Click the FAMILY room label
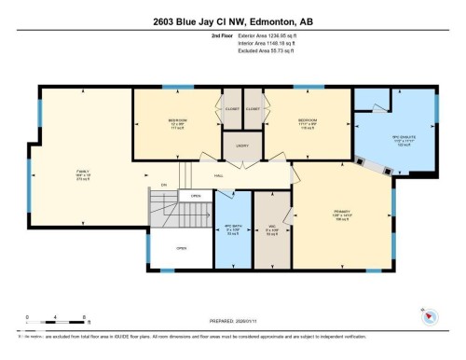pos(83,173)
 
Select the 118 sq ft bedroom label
pos(307,124)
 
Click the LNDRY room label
pos(240,146)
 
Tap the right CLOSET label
pos(254,108)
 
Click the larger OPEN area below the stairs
pos(182,248)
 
